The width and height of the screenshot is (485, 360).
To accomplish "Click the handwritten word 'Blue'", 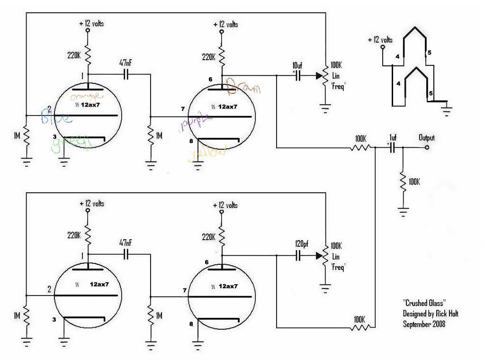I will [x=56, y=117].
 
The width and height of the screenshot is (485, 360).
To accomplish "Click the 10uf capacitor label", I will [x=297, y=64].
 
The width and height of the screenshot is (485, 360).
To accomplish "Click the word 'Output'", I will [x=426, y=138].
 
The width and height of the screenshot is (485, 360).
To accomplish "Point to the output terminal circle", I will [x=427, y=148].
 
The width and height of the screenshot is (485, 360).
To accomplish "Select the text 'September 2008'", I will [x=424, y=324].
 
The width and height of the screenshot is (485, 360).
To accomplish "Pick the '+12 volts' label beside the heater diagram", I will [x=380, y=40].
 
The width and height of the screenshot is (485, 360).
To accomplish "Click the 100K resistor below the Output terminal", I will [x=402, y=181].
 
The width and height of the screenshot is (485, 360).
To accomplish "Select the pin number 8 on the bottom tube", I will [x=191, y=324].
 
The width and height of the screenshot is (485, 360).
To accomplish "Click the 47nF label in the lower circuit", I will [x=126, y=242].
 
